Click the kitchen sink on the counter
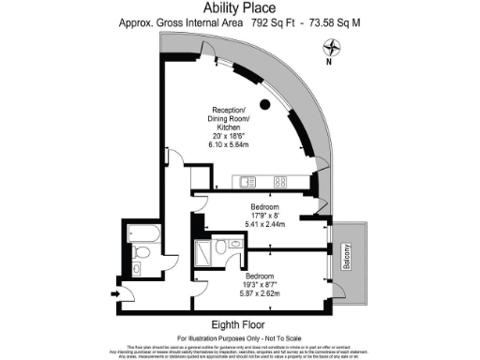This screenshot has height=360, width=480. pyautogui.click(x=247, y=181)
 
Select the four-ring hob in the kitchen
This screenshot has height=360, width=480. pyautogui.click(x=280, y=181)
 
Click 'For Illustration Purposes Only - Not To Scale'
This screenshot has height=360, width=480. pyautogui.click(x=239, y=335)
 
